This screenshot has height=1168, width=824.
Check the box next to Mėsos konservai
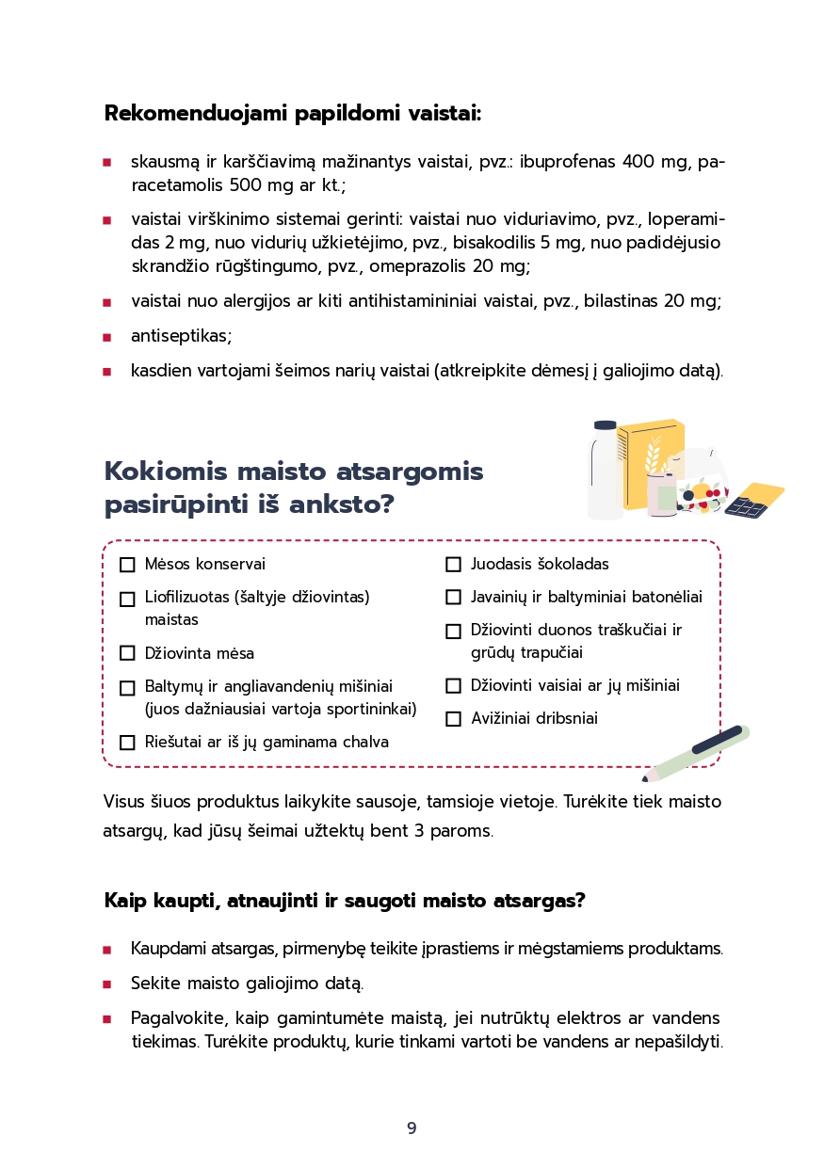[x=127, y=565]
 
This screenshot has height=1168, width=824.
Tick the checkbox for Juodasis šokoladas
[x=453, y=565]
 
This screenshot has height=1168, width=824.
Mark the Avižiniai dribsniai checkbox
[x=453, y=719]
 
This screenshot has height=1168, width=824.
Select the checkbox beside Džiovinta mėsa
[x=127, y=653]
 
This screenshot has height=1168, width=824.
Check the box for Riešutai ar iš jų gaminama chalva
[x=127, y=743]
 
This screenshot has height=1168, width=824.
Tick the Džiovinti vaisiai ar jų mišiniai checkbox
[x=453, y=686]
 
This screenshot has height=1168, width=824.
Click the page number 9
[x=412, y=1128]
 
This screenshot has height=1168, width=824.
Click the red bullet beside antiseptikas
[x=107, y=337]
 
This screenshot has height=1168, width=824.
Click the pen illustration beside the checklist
[x=698, y=753]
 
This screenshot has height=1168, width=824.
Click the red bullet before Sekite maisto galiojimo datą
[x=107, y=984]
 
